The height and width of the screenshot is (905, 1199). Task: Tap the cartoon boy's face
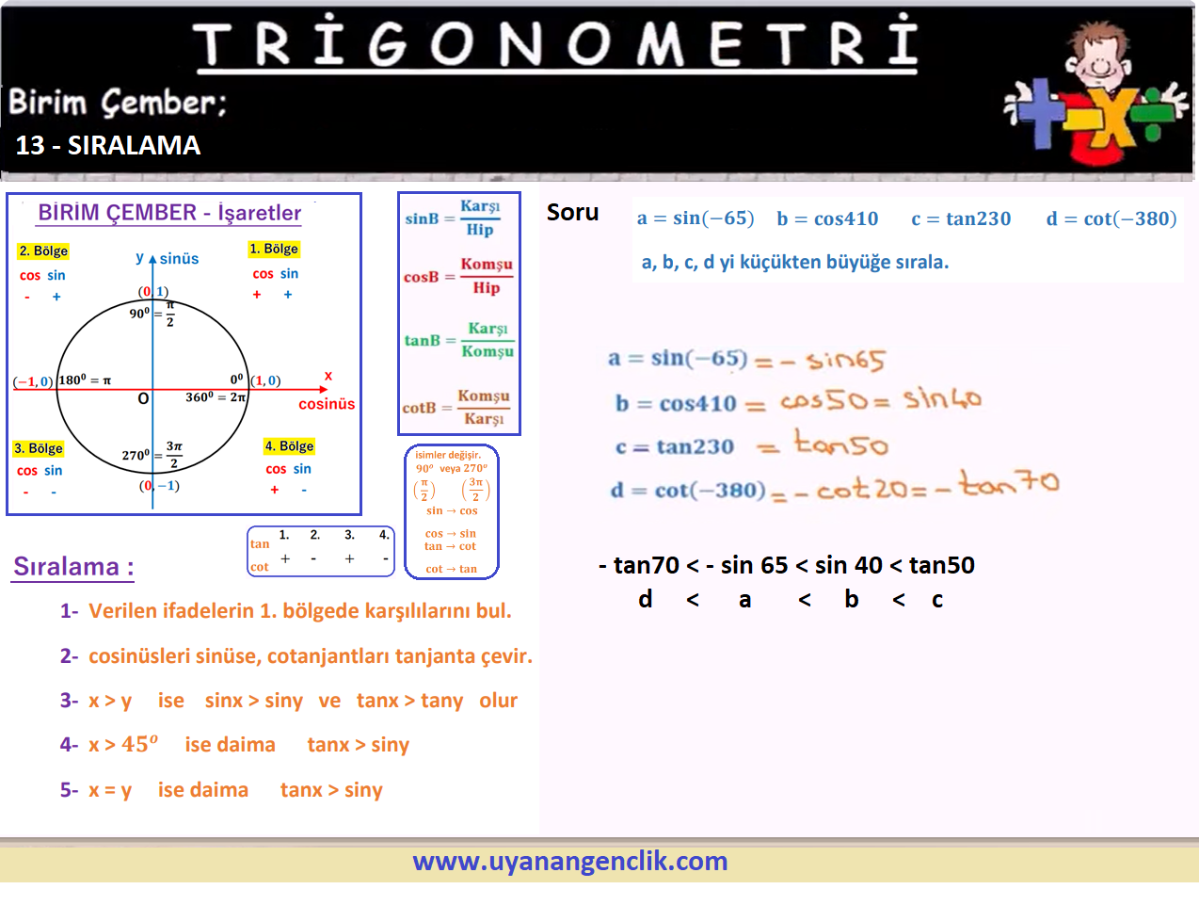[x=1098, y=59]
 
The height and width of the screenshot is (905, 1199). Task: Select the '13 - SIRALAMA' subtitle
[x=108, y=145]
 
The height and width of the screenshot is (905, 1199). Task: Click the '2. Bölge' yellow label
[x=43, y=250]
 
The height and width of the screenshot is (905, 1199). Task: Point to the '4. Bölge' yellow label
[x=289, y=446]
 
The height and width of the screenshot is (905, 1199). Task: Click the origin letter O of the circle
[x=143, y=398]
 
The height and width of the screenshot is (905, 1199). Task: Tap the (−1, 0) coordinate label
[x=33, y=380]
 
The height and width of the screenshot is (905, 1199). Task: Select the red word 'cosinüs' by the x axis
[x=327, y=404]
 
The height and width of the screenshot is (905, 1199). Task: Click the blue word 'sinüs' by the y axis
[x=179, y=258]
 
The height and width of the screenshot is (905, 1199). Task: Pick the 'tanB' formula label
[x=423, y=340]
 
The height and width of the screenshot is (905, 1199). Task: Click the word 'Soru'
[x=572, y=212]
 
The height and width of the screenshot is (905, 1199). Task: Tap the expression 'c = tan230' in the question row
[x=961, y=218]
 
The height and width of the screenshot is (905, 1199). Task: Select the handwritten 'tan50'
[x=841, y=443]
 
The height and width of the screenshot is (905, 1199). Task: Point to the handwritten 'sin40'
[x=942, y=397]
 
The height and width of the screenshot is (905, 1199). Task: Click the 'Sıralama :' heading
[x=73, y=566]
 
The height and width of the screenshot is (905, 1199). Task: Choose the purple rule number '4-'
[x=70, y=744]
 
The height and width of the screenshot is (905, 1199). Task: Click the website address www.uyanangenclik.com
[x=570, y=862]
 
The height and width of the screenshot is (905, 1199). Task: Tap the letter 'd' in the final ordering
[x=645, y=598]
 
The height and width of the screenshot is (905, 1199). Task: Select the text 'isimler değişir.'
[x=448, y=455]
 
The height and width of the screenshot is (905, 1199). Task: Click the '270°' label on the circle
[x=136, y=455]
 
